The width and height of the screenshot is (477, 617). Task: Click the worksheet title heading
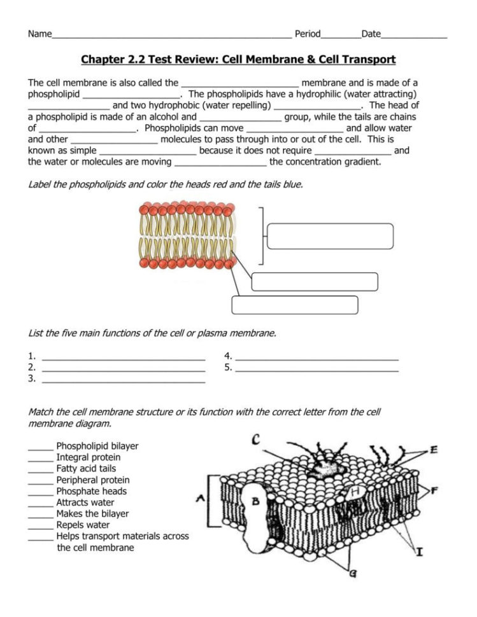click(x=238, y=60)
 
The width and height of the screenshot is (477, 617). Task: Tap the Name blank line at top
click(x=172, y=35)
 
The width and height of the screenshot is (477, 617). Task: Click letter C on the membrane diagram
click(x=255, y=440)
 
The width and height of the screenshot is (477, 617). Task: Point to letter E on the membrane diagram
click(x=434, y=450)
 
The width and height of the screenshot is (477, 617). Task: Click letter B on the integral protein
click(x=255, y=501)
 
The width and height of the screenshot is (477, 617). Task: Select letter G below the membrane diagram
click(x=352, y=573)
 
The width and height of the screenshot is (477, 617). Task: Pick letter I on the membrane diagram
click(x=420, y=551)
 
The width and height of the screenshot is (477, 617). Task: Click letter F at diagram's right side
click(x=434, y=490)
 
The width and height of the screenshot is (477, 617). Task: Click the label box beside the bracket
click(x=331, y=236)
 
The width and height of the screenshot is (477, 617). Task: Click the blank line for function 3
click(x=124, y=380)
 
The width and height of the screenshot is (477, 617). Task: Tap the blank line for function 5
click(x=317, y=369)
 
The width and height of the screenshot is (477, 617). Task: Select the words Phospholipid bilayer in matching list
click(x=97, y=446)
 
